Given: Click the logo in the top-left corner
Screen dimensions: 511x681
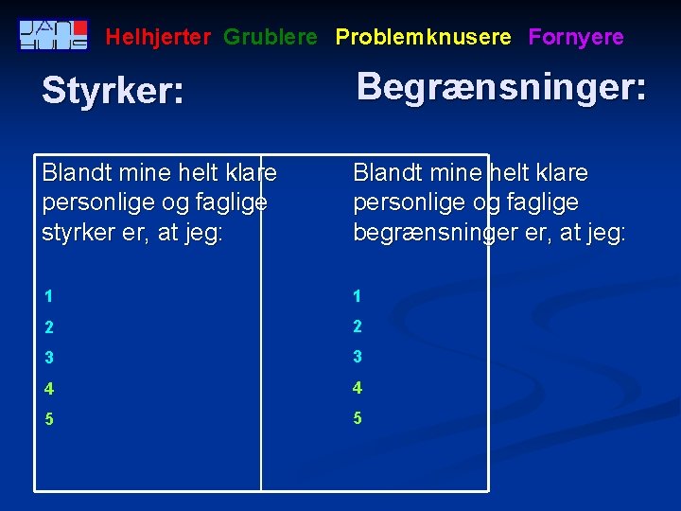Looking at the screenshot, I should pos(54,35).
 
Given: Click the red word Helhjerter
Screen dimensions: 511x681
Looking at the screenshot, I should pos(158,38).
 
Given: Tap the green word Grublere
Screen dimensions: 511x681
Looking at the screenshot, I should pos(271,38).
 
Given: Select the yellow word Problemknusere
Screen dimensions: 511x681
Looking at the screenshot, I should pos(423,38).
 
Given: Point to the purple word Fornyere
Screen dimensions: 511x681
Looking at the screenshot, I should pos(576,38).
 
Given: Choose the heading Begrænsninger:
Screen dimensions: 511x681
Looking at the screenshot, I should pos(501,87).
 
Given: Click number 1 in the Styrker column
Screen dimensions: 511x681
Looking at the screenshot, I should pos(47,296).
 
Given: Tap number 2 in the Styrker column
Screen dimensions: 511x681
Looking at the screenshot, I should pos(47,326).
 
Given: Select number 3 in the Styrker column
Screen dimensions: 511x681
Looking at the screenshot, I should pos(47,358).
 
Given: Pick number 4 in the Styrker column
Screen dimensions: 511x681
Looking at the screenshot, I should pos(47,388).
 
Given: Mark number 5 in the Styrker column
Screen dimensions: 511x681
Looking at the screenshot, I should pos(47,418).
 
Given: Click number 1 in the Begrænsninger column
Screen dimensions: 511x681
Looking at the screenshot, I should pos(358,296).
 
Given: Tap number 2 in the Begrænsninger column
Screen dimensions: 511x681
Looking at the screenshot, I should pos(358,326).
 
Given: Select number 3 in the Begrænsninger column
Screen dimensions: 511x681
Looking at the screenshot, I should pos(358,358).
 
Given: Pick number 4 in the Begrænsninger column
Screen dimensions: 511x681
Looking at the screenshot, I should pos(358,388).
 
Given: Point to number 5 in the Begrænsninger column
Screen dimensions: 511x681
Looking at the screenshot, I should pos(358,418).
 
